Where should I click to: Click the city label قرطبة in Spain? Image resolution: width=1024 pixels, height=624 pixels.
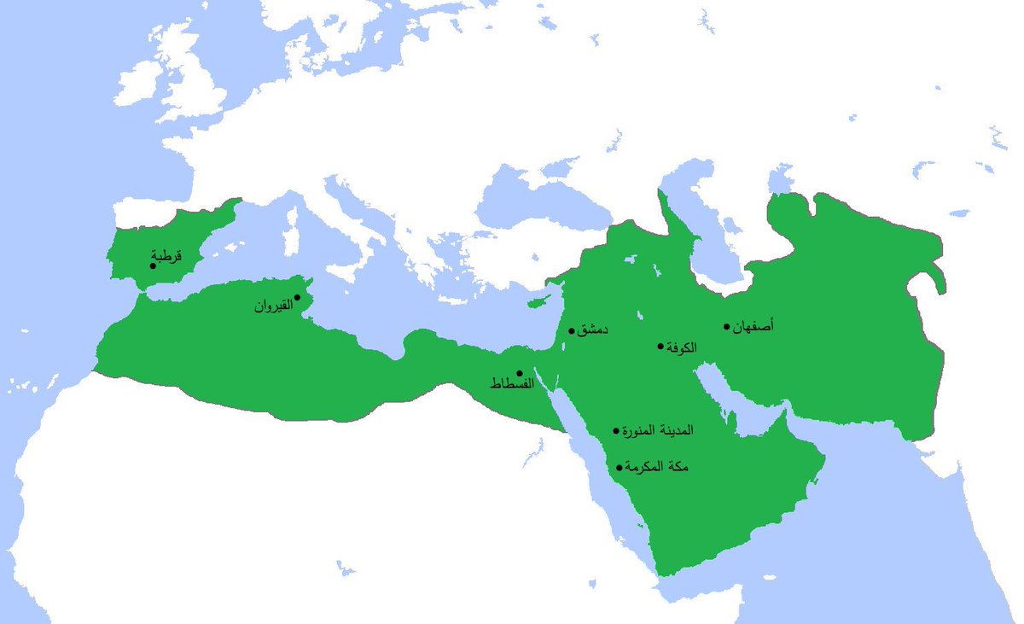(167, 254)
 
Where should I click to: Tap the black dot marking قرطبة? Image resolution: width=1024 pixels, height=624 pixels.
(153, 265)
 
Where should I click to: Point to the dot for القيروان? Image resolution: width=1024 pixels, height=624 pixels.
(297, 297)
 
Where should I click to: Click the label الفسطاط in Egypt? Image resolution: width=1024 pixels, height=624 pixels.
(511, 385)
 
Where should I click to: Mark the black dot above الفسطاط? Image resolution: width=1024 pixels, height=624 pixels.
(519, 373)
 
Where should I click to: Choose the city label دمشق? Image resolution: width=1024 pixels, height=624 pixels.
(593, 330)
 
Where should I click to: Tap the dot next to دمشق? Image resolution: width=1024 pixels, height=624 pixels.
(571, 330)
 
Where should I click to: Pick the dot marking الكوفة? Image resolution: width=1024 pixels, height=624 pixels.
(660, 346)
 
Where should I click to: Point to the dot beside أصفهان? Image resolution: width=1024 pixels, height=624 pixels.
(727, 326)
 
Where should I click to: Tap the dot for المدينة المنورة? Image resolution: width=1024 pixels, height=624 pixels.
(616, 431)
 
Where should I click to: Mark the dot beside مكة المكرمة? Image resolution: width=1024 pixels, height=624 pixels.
(619, 467)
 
